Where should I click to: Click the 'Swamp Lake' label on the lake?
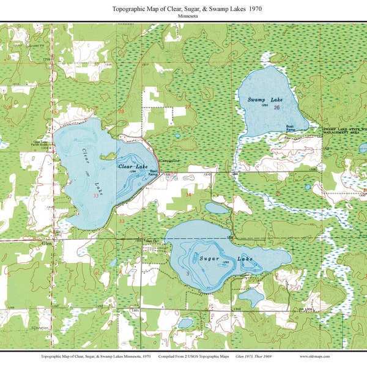tap(261, 99)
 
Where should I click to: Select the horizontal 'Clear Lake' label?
tap(133, 166)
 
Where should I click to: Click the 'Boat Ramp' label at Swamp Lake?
tap(291, 128)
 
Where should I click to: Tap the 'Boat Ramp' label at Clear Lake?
tap(154, 174)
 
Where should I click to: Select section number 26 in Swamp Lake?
tap(277, 108)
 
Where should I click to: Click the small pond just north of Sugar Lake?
tap(217, 208)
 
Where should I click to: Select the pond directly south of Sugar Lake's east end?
tap(251, 298)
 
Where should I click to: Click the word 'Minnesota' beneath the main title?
tap(183, 17)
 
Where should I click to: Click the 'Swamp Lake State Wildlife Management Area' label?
tap(345, 131)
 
